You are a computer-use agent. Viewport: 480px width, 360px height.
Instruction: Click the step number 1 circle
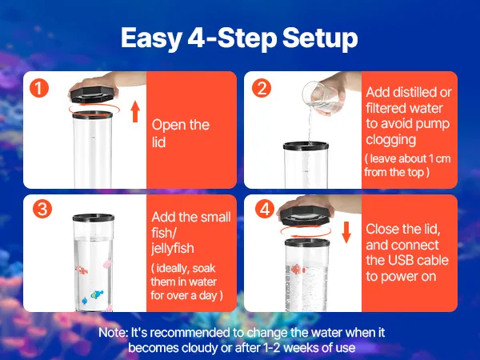[x=39, y=88]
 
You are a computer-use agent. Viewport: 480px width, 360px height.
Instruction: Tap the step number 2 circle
[x=262, y=88]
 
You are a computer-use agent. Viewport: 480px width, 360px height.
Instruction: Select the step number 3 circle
[x=42, y=209]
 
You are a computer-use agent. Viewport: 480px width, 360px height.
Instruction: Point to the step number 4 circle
[x=265, y=209]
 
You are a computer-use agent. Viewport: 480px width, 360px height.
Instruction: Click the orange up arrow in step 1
[x=135, y=112]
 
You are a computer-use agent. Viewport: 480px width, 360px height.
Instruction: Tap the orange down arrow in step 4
[x=346, y=232]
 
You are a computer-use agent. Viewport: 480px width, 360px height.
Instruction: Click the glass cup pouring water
[x=322, y=97]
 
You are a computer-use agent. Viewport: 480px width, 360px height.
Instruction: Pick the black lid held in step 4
[x=306, y=216]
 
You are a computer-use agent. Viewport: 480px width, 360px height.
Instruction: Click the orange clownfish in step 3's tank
[x=82, y=270]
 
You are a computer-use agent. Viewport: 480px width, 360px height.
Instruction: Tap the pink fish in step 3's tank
[x=107, y=263]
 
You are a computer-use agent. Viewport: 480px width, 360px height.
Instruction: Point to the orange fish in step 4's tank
[x=297, y=269]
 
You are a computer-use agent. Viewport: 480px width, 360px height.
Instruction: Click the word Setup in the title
[x=320, y=38]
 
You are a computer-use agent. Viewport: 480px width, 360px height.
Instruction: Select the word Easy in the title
[x=151, y=38]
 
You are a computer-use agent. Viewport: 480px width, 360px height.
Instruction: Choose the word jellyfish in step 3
[x=173, y=249]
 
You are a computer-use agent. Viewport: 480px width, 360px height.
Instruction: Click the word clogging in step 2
[x=391, y=140]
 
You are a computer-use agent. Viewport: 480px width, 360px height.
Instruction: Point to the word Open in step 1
[x=166, y=126]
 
